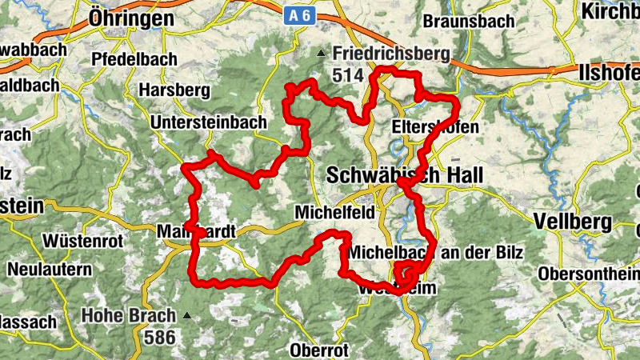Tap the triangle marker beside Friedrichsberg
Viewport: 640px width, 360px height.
click(x=322, y=54)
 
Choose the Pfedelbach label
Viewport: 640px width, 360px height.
click(x=128, y=58)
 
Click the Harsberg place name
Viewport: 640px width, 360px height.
click(x=174, y=90)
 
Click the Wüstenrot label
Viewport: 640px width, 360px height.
click(x=82, y=239)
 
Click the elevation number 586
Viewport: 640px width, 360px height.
click(x=160, y=337)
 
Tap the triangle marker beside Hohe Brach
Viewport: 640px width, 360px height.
click(x=188, y=314)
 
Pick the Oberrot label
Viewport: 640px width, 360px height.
click(x=320, y=350)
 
